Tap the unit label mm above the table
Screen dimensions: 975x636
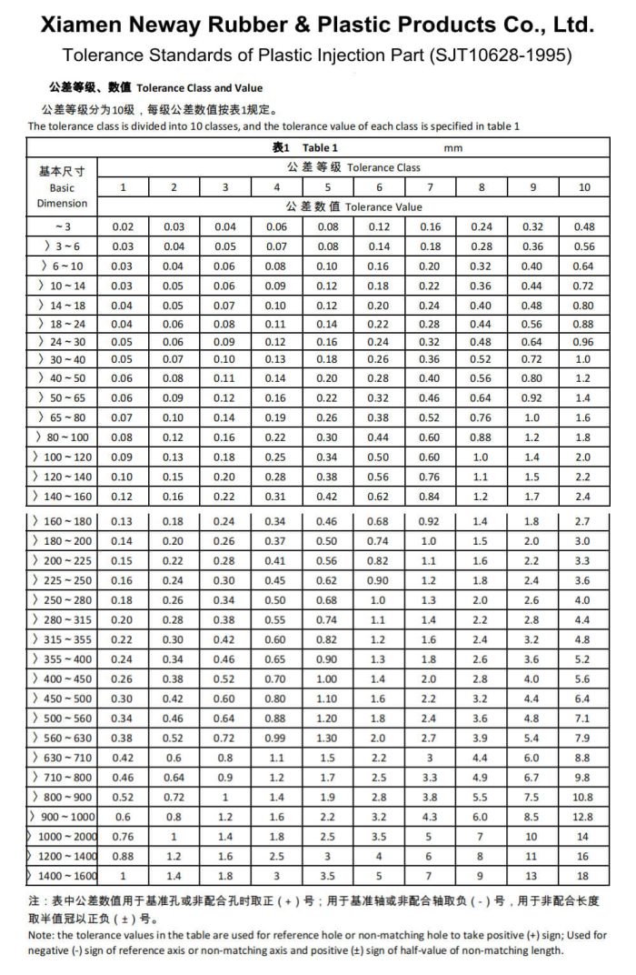click(x=454, y=146)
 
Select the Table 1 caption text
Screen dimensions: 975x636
click(x=320, y=146)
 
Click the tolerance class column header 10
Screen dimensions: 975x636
click(x=584, y=186)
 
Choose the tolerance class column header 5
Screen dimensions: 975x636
click(x=328, y=186)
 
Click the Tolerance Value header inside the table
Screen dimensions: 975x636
click(x=383, y=206)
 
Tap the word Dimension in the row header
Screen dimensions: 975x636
click(x=62, y=203)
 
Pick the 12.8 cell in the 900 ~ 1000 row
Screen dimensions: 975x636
click(x=584, y=817)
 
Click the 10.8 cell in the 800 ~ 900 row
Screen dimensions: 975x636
click(x=584, y=797)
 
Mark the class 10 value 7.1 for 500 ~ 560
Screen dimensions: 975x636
click(x=584, y=719)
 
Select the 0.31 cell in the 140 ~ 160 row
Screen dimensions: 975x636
click(x=277, y=497)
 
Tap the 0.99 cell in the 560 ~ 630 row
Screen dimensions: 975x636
click(x=277, y=738)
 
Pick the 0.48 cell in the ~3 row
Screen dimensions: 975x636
click(x=584, y=226)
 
